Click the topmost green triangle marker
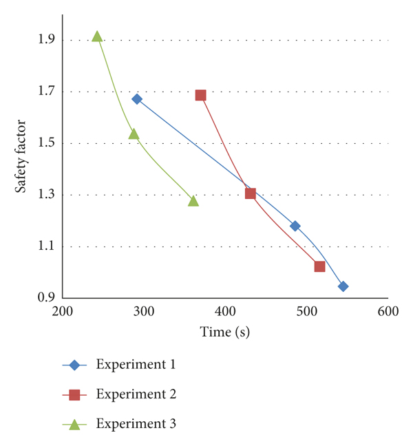click(x=98, y=36)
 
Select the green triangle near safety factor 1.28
click(x=193, y=201)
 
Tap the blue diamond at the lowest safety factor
click(x=343, y=286)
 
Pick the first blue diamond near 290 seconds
click(x=137, y=99)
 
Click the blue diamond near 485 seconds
click(x=295, y=226)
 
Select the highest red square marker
click(x=200, y=95)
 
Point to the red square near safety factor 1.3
click(x=251, y=193)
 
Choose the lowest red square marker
click(x=319, y=266)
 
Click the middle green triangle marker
click(x=134, y=134)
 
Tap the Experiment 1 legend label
click(x=136, y=364)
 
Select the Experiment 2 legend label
click(x=136, y=394)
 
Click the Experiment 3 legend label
click(x=136, y=424)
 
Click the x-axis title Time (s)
click(x=225, y=332)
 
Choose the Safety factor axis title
click(x=21, y=156)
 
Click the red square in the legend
click(x=74, y=395)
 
